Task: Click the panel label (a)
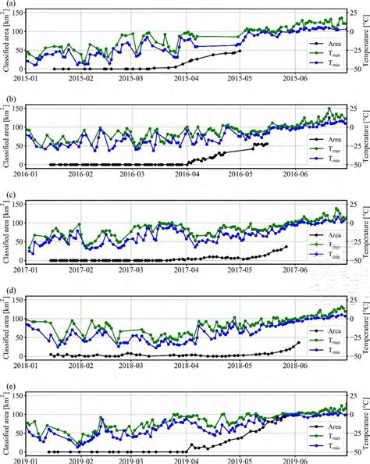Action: (x=9, y=4)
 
